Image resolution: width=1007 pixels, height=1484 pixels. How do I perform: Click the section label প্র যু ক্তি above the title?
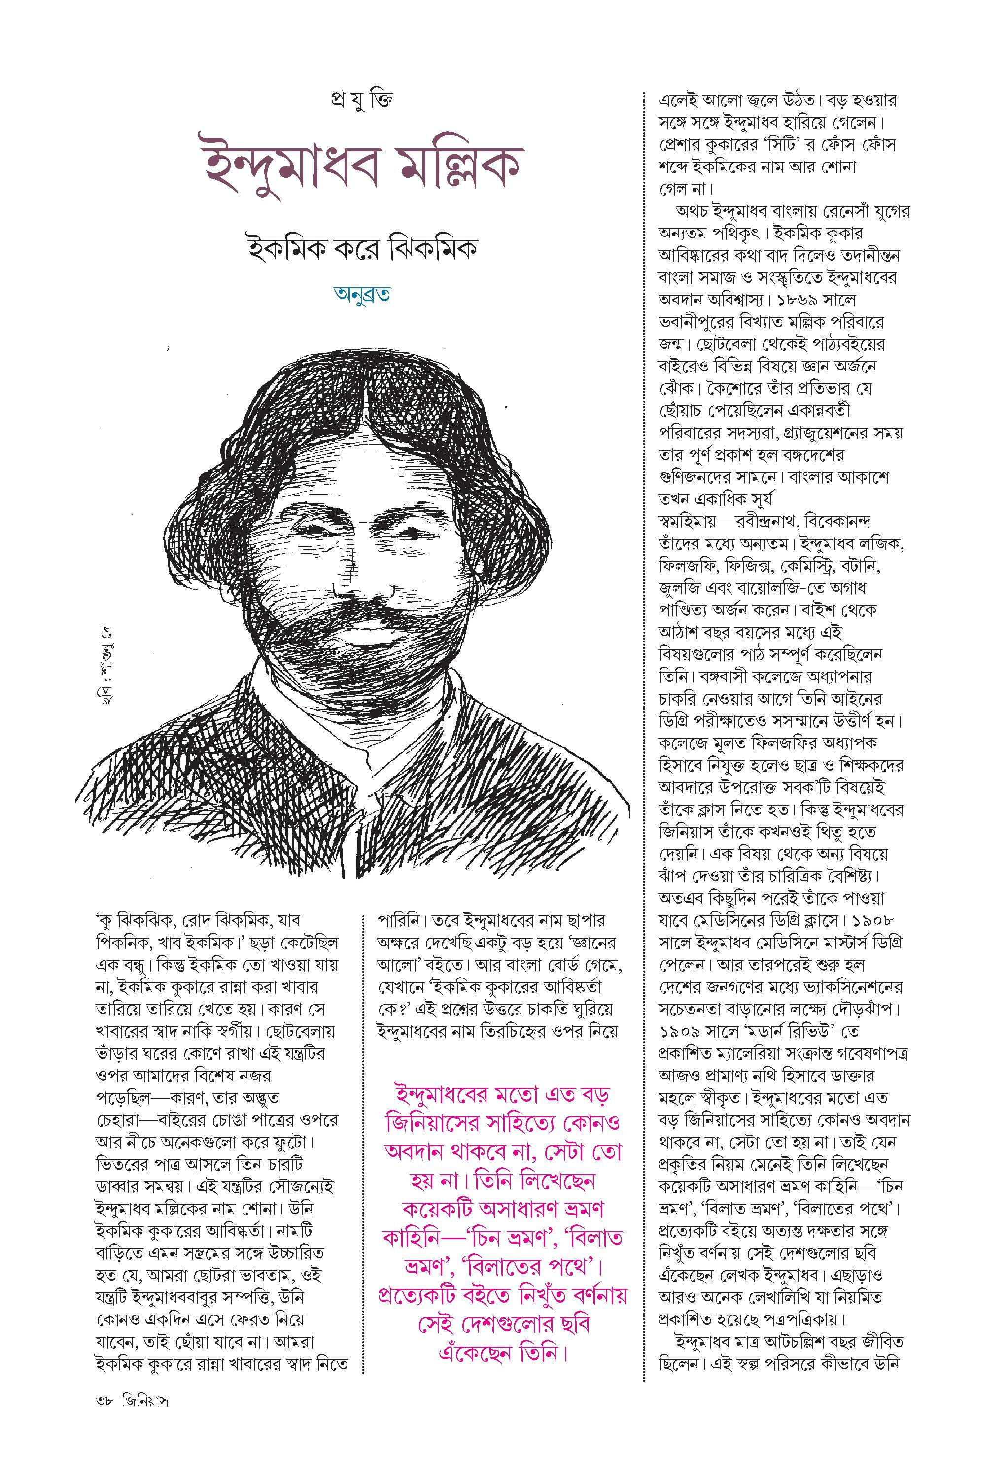pos(364,100)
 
